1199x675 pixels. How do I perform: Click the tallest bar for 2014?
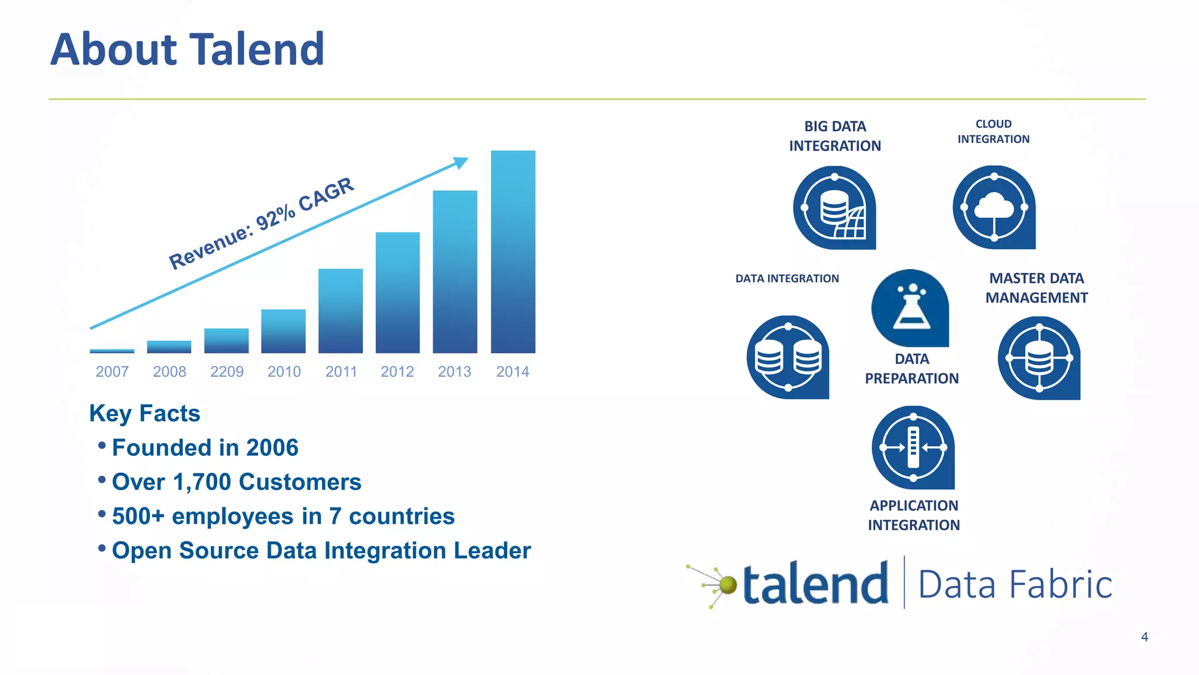[x=513, y=252]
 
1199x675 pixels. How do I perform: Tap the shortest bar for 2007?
[x=112, y=351]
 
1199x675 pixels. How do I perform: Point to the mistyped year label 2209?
[x=227, y=371]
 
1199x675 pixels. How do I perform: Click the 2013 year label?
[x=454, y=371]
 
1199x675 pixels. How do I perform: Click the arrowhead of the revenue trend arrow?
[x=461, y=162]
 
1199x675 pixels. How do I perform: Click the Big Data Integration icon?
[x=834, y=208]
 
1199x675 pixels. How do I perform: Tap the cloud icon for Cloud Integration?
[x=994, y=207]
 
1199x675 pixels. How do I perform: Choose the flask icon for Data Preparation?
[x=910, y=308]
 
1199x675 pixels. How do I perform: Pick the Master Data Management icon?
[x=1039, y=358]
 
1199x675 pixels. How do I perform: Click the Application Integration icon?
[x=913, y=448]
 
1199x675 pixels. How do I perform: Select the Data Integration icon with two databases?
[x=788, y=357]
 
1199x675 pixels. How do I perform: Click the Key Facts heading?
[x=145, y=414]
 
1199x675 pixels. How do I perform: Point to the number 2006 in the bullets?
[x=272, y=448]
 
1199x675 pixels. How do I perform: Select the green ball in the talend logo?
[x=728, y=585]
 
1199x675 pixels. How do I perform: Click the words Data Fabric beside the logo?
[x=1015, y=585]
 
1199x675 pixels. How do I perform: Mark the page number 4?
[x=1145, y=637]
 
